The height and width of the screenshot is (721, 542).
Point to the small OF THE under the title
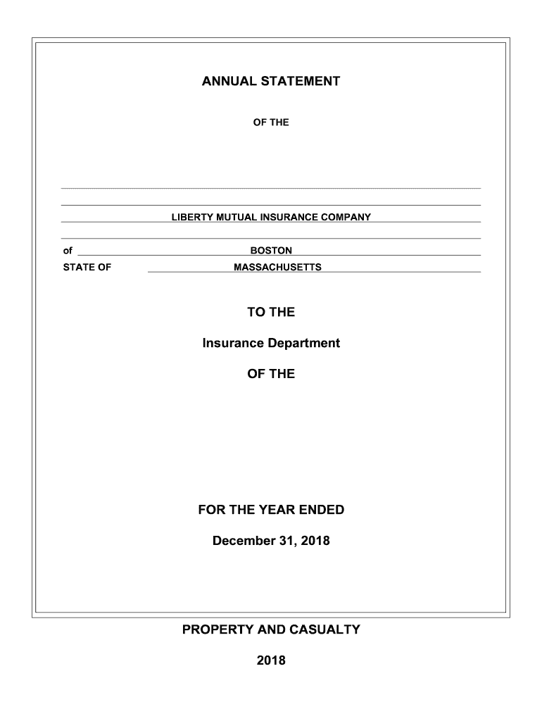click(x=271, y=123)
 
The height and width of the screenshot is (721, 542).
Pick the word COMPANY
click(x=346, y=217)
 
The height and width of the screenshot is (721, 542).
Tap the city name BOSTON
click(x=271, y=251)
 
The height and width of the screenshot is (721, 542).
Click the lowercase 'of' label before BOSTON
click(x=68, y=251)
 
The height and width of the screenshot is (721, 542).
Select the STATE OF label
click(x=87, y=268)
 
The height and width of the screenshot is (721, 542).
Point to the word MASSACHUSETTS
click(x=277, y=268)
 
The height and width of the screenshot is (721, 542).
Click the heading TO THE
click(x=271, y=312)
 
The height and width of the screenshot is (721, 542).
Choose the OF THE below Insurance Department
click(x=271, y=374)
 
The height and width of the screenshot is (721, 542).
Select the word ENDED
click(x=322, y=510)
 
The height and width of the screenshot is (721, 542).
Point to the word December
click(x=244, y=541)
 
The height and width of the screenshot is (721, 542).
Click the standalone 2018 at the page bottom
click(x=271, y=660)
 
